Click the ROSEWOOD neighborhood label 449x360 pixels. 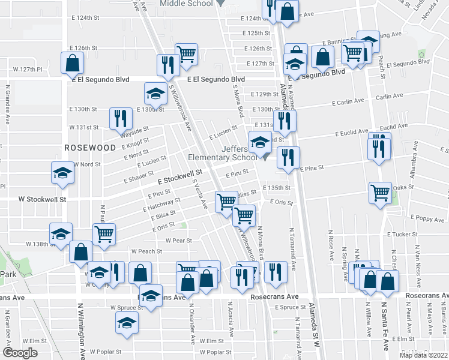point(90,147)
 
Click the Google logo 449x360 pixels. point(20,353)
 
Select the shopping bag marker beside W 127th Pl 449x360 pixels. point(71,62)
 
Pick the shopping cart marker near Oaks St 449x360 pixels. point(380,193)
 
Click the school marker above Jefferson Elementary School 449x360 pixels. point(260,142)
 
